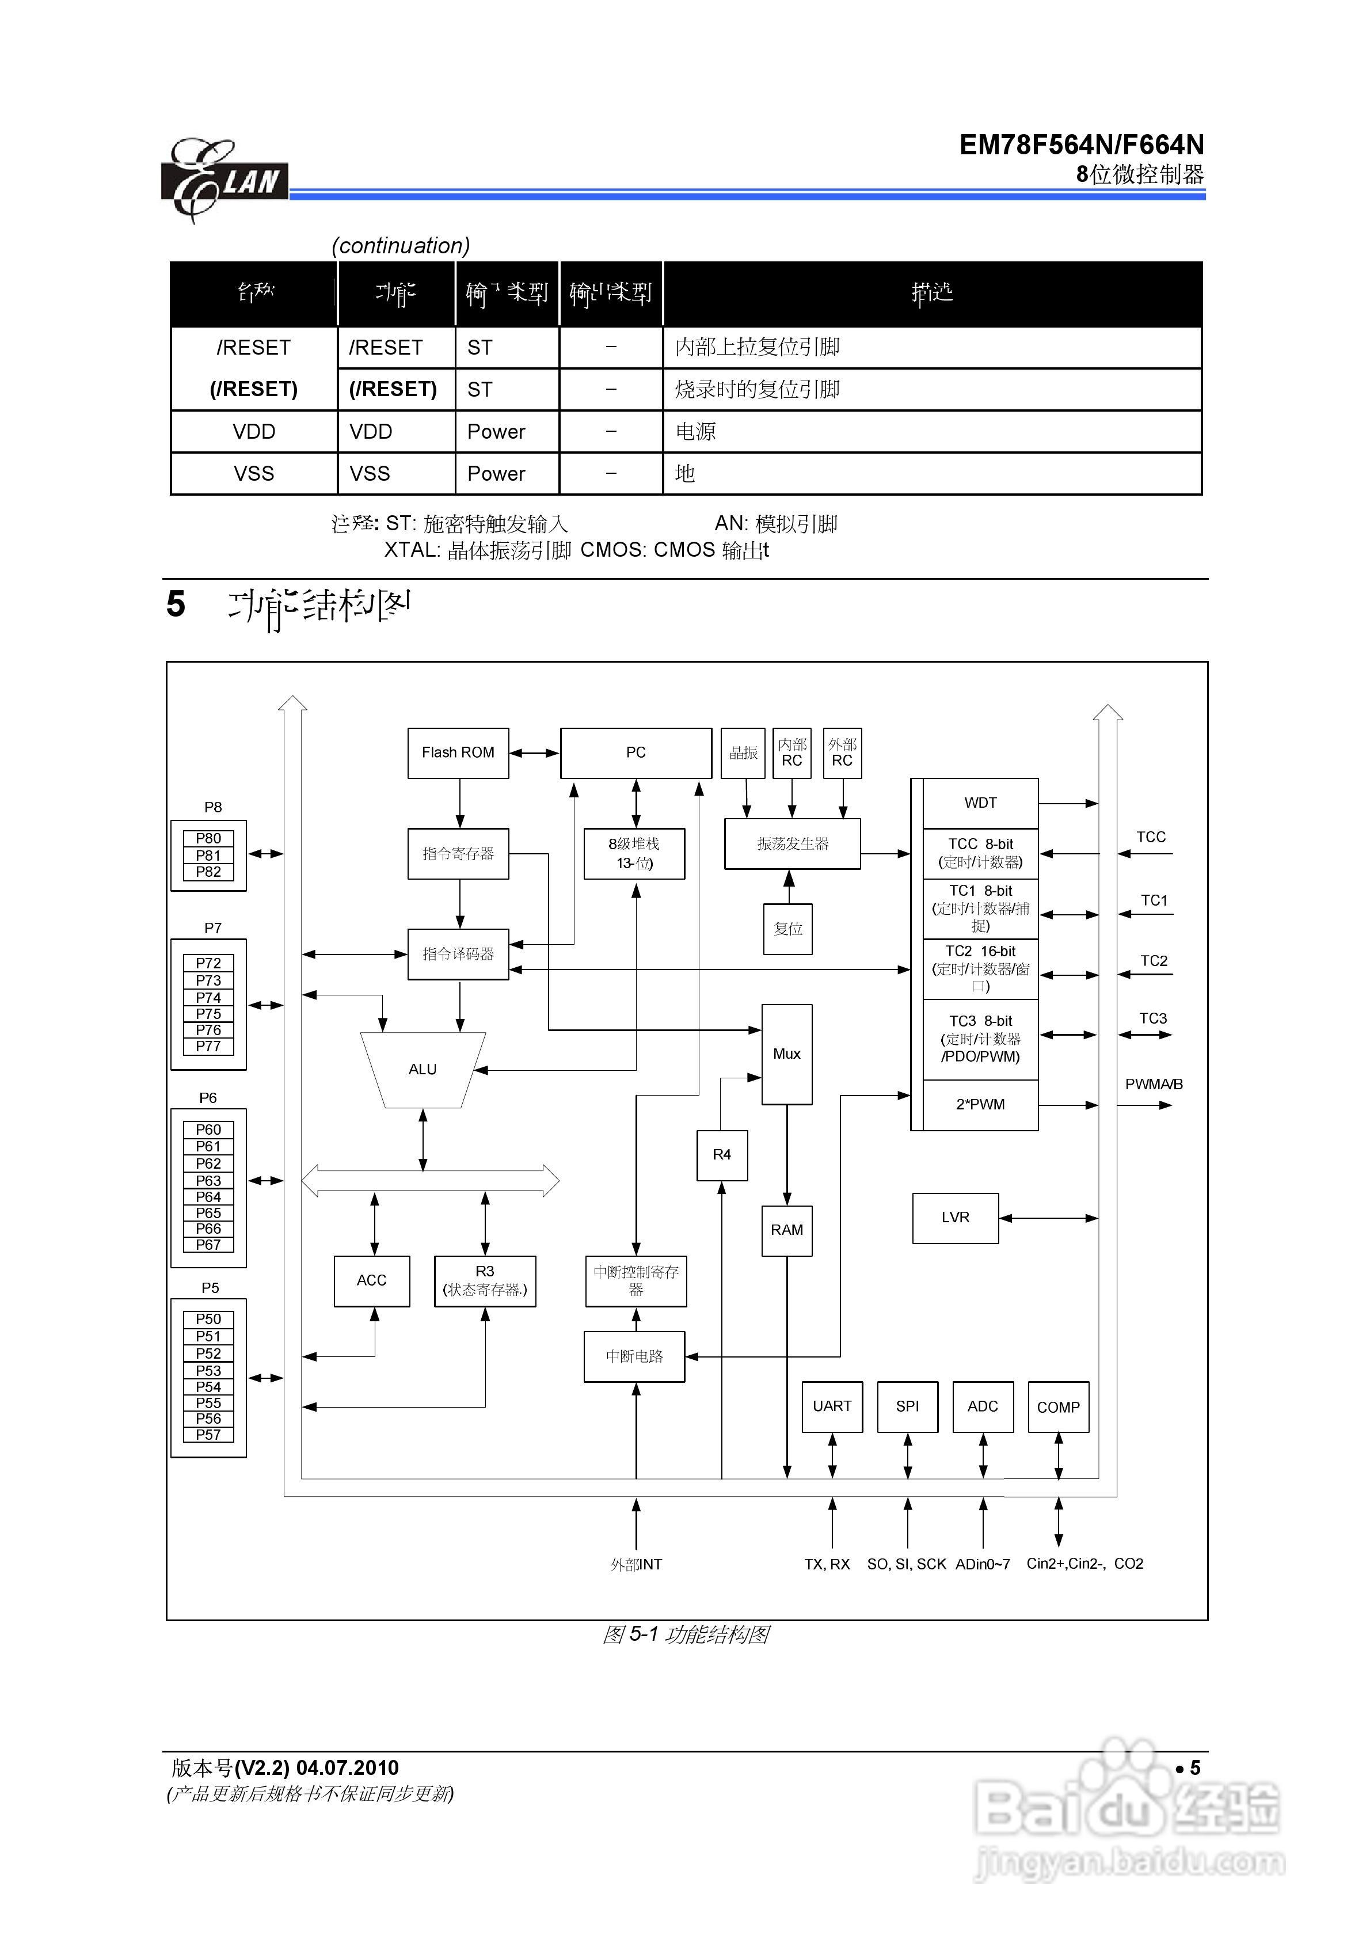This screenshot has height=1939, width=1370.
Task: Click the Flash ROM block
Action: [458, 752]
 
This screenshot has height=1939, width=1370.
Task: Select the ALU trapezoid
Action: [423, 1069]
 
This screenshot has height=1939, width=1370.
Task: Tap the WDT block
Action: [980, 803]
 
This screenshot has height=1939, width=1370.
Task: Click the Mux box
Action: [786, 1054]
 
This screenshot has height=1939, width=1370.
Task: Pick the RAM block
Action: [786, 1230]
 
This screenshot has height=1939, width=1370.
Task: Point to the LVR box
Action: [956, 1217]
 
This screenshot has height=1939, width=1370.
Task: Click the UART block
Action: [832, 1406]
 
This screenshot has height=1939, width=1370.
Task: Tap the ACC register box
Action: [372, 1280]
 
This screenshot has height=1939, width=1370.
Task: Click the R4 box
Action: [721, 1154]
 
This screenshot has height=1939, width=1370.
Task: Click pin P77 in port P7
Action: [208, 1046]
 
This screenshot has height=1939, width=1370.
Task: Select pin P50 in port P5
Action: [208, 1319]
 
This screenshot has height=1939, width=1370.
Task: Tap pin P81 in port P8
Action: [208, 856]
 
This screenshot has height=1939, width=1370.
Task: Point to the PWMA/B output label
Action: [1153, 1084]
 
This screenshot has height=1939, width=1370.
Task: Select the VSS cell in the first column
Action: [253, 474]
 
